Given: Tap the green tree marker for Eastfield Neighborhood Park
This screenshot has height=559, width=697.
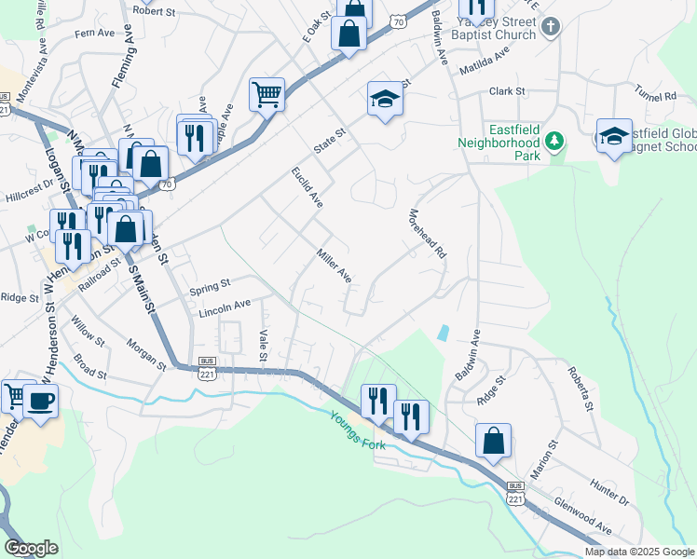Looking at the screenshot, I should click(x=554, y=141).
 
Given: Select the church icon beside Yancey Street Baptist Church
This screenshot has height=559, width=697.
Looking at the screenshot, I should click(x=550, y=27).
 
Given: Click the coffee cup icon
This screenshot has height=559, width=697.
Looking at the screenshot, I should click(x=40, y=401).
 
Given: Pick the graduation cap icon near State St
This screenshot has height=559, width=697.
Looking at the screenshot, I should click(x=384, y=100).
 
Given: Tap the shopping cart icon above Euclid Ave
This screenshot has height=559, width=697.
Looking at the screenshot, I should click(x=266, y=94).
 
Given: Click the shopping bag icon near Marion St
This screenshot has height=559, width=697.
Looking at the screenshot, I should click(x=493, y=440).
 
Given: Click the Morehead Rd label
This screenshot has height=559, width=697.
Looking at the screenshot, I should click(x=428, y=233).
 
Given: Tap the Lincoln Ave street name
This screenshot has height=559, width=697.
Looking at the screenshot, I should click(x=225, y=305).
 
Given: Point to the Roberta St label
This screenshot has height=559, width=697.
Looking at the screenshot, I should click(x=578, y=387).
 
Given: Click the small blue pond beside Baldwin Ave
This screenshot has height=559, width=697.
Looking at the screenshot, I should click(x=443, y=332).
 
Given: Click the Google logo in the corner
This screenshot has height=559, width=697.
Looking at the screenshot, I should click(x=31, y=548).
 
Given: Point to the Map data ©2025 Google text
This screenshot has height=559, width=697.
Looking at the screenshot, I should click(x=638, y=552).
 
